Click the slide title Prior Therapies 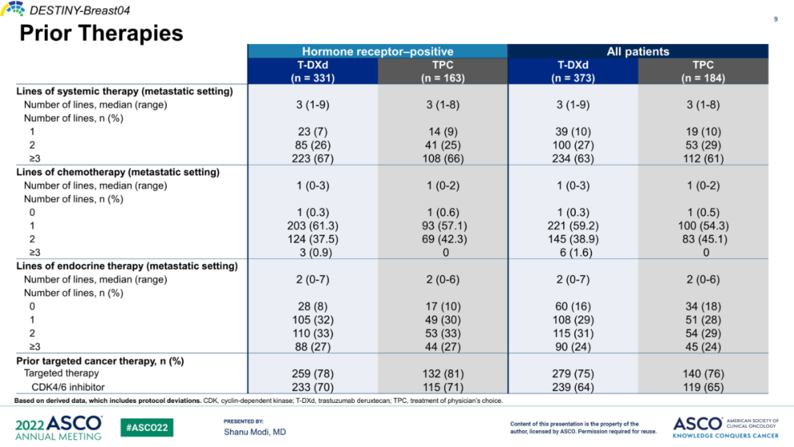[x=101, y=34]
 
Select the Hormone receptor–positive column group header [x=377, y=51]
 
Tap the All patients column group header [x=637, y=51]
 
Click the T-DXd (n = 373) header [x=573, y=71]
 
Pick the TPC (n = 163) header [x=443, y=71]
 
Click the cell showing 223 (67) [x=312, y=158]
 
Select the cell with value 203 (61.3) [x=312, y=226]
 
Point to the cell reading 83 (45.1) [x=703, y=239]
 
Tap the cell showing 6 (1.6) [x=573, y=252]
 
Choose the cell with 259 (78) [x=312, y=373]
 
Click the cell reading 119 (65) [x=703, y=387]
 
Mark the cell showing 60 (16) [x=573, y=306]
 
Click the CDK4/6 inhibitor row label [x=68, y=387]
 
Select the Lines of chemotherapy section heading [x=118, y=172]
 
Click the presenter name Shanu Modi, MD [x=254, y=432]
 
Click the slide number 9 [x=775, y=19]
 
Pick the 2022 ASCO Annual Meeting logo [x=59, y=427]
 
